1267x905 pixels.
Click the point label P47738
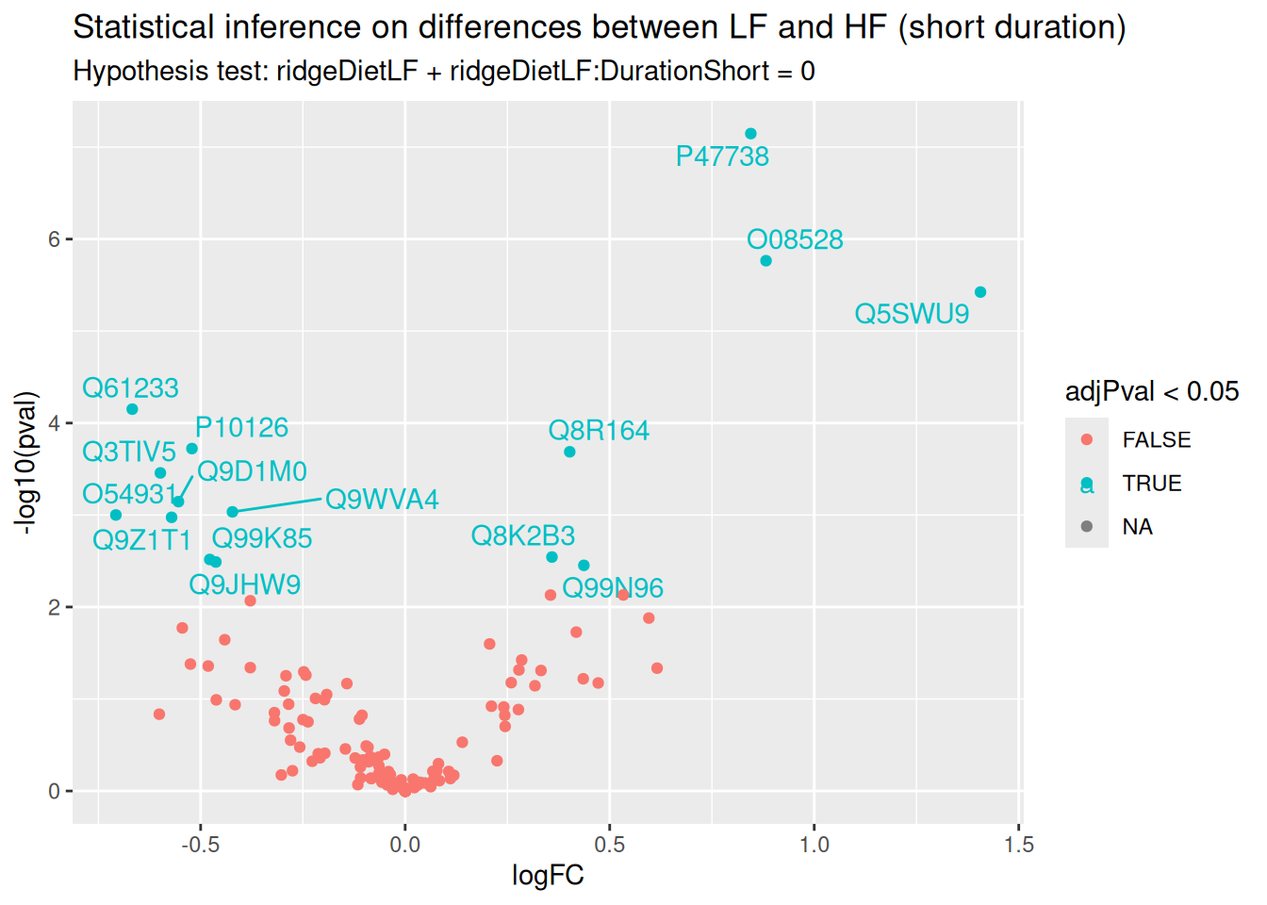tap(722, 156)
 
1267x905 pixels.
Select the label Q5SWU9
tap(912, 314)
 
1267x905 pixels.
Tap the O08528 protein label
tap(795, 240)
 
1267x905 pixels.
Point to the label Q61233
tap(130, 388)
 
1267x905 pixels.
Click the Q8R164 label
tap(599, 431)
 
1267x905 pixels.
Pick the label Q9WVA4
tap(382, 500)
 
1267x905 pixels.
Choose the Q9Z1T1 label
tap(141, 541)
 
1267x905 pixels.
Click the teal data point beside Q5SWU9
tap(980, 292)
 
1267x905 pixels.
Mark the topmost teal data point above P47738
tap(750, 134)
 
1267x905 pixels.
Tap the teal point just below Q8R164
tap(569, 452)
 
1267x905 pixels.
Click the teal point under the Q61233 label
tap(132, 409)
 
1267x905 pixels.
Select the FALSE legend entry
tap(1156, 440)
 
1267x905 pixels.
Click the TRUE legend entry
tap(1151, 484)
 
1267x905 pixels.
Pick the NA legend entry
tap(1137, 527)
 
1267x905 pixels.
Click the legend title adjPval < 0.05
tap(1152, 392)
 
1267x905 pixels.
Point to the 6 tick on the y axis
tap(54, 239)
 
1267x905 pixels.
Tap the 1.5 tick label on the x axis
tap(1019, 845)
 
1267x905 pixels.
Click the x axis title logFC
tap(548, 876)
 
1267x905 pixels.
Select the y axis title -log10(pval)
tap(25, 463)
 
